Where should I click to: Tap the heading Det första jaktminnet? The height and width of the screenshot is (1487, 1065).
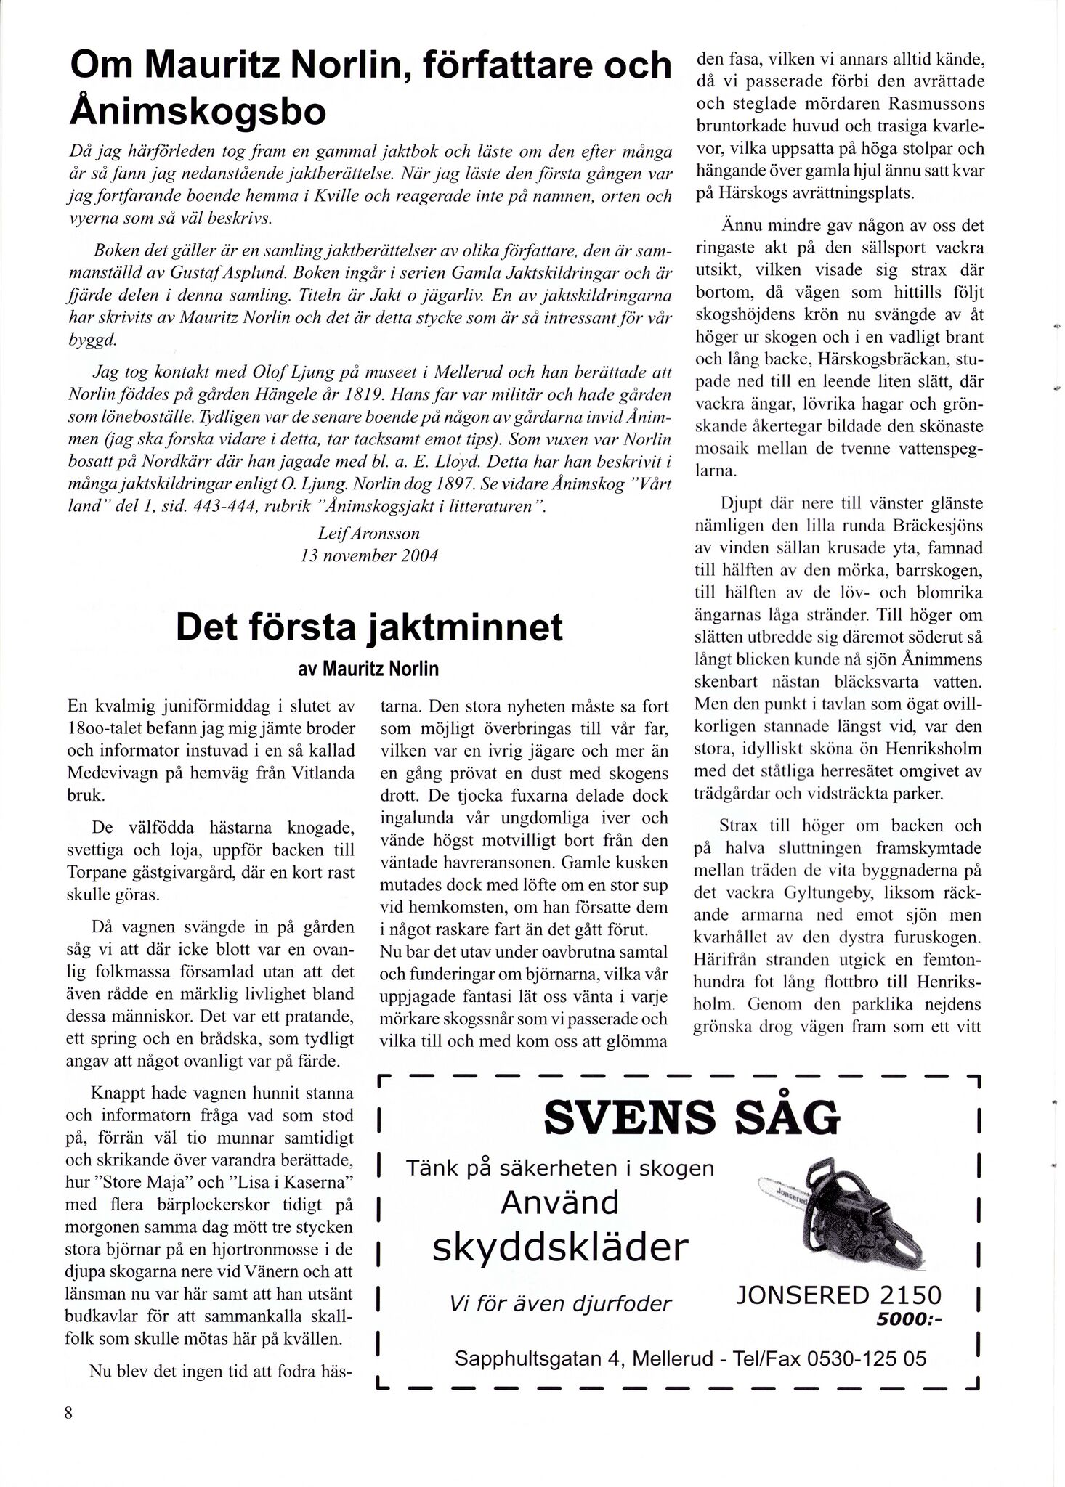369,627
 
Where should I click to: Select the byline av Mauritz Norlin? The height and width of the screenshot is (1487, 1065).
368,669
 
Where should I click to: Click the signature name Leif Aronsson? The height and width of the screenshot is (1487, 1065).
369,534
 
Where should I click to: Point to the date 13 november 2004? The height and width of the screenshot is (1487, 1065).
369,557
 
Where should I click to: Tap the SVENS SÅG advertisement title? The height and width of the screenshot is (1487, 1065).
691,1118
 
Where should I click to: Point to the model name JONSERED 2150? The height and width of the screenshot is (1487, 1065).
838,1295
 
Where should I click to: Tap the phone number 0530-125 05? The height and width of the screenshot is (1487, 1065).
866,1358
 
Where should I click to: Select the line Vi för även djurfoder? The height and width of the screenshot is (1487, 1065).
559,1304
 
